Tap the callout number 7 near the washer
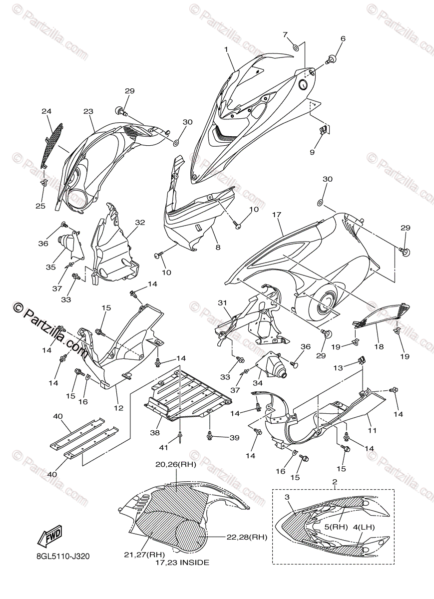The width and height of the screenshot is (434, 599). tap(285, 34)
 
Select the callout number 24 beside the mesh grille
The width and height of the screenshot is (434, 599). tap(46, 111)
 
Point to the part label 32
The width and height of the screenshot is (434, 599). tap(140, 222)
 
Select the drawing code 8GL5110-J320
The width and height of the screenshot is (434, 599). tap(62, 555)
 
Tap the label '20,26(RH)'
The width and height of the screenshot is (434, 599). tap(175, 464)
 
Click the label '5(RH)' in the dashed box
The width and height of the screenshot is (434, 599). tap(336, 527)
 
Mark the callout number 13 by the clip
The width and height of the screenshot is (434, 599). tap(338, 367)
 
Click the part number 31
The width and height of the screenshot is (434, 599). tap(222, 302)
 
